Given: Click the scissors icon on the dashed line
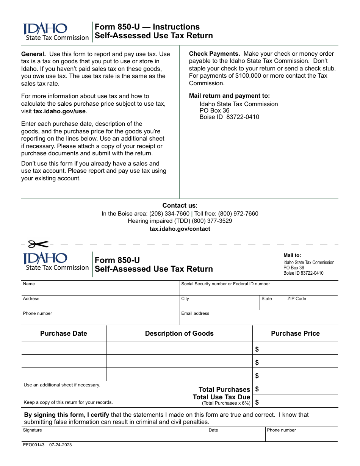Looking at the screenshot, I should [x=38, y=244].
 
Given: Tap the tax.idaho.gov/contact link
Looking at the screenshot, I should [x=180, y=229].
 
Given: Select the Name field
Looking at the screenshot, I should [x=100, y=288].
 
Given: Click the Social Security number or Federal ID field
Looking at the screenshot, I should [x=258, y=288].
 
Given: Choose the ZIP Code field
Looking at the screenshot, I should [x=311, y=303].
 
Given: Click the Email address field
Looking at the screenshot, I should [x=258, y=318].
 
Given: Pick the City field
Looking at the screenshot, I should [x=219, y=303].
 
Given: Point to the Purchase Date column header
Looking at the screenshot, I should [x=64, y=333].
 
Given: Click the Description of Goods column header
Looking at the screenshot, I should [x=179, y=333].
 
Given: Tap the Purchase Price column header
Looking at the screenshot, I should [x=295, y=333].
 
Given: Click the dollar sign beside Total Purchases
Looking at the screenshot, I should [x=257, y=389].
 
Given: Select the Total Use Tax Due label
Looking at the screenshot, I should [x=221, y=397].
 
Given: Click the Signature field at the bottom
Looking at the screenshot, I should [x=114, y=435].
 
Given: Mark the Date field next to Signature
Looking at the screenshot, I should [x=236, y=435].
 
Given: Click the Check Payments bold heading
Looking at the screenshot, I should [x=214, y=54].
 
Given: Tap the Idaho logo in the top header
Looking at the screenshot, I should [x=45, y=29].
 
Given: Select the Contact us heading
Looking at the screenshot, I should [x=180, y=205].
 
